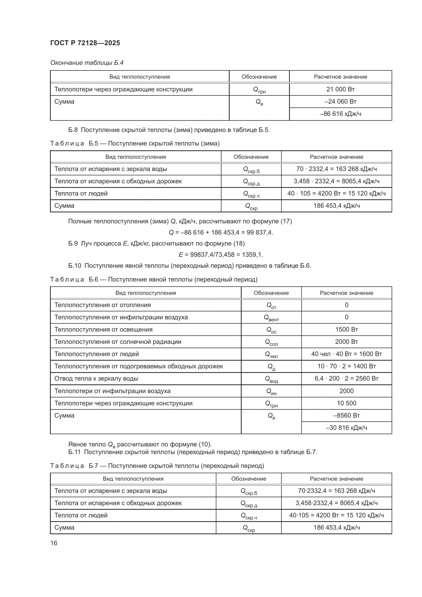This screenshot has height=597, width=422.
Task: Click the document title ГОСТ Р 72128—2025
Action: (85, 43)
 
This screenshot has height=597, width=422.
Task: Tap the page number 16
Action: (54, 543)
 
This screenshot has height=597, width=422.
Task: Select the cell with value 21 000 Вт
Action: (340, 89)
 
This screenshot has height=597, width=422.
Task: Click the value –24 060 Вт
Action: (340, 101)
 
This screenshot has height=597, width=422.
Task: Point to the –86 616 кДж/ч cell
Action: (340, 114)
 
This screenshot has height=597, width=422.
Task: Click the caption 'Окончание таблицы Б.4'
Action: (87, 63)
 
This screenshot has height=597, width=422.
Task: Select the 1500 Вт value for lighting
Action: (346, 330)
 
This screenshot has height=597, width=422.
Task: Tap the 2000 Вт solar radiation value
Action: (346, 342)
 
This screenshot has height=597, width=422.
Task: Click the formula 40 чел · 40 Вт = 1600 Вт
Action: (346, 354)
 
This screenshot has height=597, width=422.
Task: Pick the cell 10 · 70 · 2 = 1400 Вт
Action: (346, 366)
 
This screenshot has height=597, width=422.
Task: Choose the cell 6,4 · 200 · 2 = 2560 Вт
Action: (346, 378)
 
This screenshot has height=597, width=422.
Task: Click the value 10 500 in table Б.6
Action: (346, 403)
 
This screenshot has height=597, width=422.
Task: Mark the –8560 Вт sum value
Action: (346, 415)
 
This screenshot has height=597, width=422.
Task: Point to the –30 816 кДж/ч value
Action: (346, 428)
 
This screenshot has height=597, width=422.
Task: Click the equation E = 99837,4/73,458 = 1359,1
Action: (221, 254)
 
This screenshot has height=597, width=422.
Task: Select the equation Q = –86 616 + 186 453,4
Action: (221, 233)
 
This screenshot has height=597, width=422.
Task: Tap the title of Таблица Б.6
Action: (154, 279)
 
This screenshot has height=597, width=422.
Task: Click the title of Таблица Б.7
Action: (157, 466)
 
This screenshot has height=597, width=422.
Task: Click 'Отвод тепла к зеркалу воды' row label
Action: (96, 378)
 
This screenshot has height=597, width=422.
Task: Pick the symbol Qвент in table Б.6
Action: (271, 318)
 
